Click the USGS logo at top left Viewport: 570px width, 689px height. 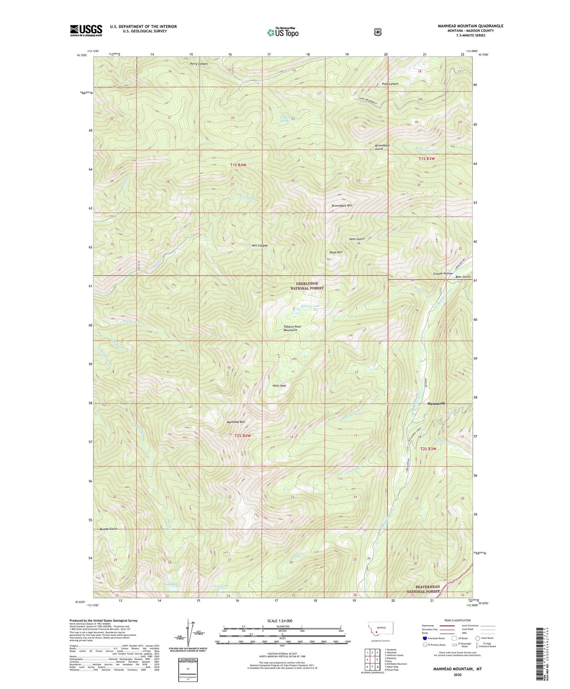[86, 30]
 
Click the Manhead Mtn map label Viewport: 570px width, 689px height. [236, 422]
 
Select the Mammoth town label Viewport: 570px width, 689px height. [436, 403]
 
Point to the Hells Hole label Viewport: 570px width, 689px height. [279, 385]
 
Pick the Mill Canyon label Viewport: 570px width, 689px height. [260, 246]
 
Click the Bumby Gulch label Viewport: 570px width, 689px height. [109, 529]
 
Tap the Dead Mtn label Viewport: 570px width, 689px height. [336, 252]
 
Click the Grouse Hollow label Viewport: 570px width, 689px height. [443, 274]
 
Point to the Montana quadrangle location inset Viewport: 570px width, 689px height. [380, 631]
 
